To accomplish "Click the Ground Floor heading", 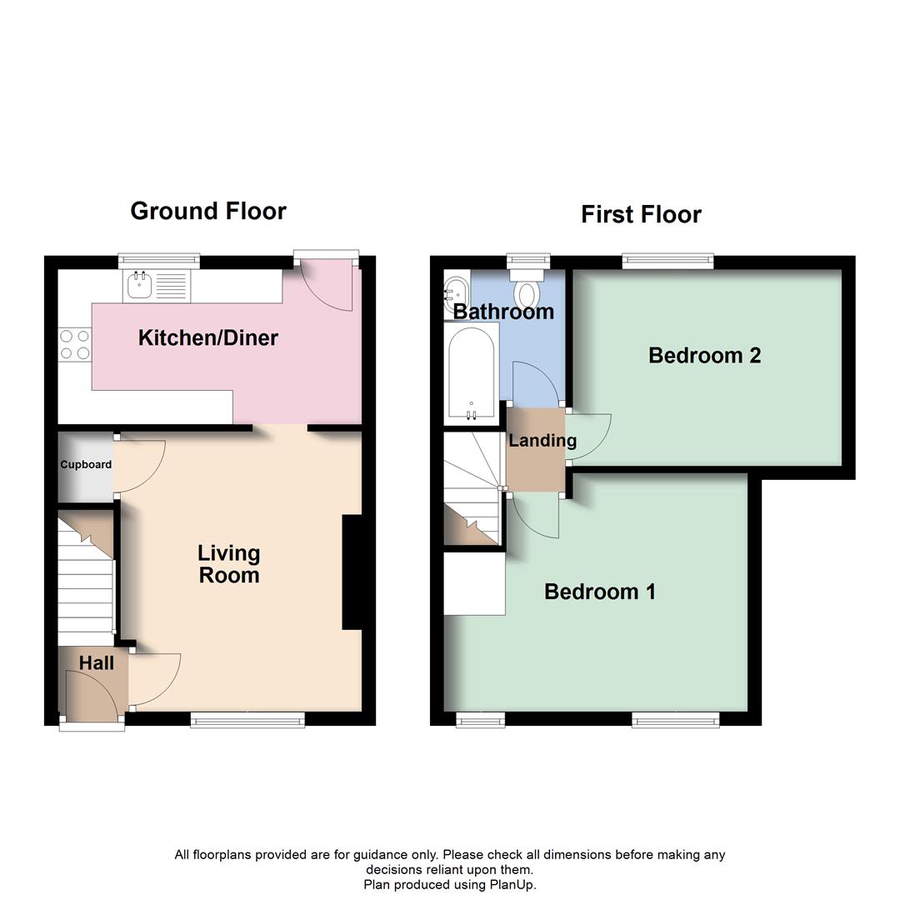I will [x=208, y=211].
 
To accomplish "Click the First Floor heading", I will [x=641, y=214].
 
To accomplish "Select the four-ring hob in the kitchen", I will [x=74, y=345].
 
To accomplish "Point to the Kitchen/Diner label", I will [x=207, y=337].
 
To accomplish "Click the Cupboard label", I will [x=85, y=464].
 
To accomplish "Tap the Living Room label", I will [x=228, y=564].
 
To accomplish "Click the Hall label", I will [x=97, y=663].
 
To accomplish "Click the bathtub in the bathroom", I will [x=472, y=372].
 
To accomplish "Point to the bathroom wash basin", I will [x=455, y=289].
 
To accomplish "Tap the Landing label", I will [x=542, y=441].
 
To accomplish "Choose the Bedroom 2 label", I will [x=704, y=356].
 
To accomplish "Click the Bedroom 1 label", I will [x=599, y=592].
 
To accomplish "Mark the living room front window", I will [x=247, y=719].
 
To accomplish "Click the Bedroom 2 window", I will [x=669, y=262].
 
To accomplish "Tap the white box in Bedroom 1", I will [x=474, y=584].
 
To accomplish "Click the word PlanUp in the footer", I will [x=515, y=885].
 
